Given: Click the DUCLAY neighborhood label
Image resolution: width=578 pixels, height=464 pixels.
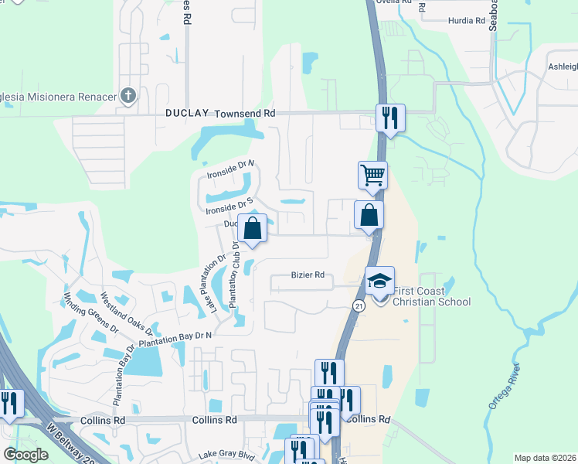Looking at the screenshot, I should (187, 113).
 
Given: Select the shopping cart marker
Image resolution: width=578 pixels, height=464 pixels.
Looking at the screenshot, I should (372, 175).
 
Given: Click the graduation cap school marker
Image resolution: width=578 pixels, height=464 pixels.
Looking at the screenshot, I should (379, 280).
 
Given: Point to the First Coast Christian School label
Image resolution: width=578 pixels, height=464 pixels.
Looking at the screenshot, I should (431, 296).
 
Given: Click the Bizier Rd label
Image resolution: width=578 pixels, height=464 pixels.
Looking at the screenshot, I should (307, 275).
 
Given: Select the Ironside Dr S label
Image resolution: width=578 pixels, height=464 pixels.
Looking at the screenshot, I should (229, 205).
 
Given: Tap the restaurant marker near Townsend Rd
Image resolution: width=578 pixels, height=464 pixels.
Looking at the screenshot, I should (389, 118).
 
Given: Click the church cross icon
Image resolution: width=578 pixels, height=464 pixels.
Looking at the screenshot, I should (128, 96).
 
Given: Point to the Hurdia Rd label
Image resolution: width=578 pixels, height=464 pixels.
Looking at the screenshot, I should (466, 21).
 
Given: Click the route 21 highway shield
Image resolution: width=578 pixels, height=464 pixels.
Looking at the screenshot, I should (359, 306).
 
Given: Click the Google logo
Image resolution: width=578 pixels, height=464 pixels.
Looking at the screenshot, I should (25, 455).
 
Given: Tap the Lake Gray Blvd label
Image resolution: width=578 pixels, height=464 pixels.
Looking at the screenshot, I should (226, 455).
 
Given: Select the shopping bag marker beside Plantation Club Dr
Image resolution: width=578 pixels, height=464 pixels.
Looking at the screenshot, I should (252, 227).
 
